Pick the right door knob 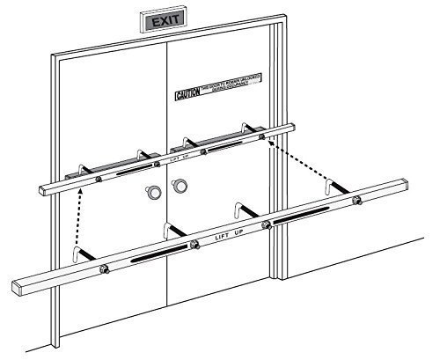pyautogui.click(x=180, y=186)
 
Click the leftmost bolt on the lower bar pyautogui.click(x=106, y=268)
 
